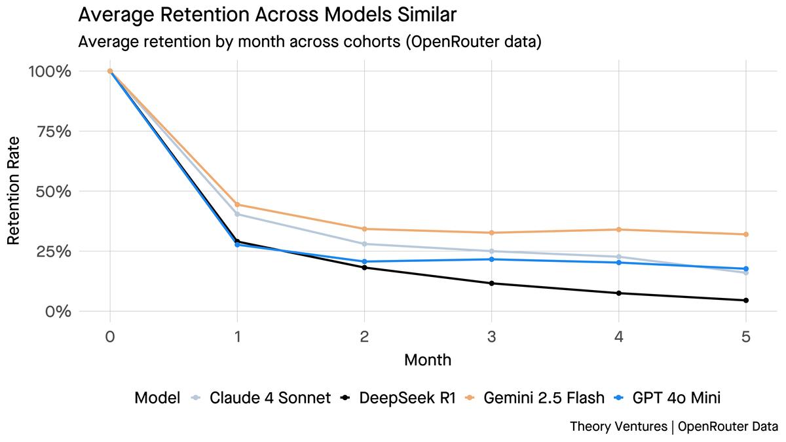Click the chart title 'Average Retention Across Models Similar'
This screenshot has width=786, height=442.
(267, 14)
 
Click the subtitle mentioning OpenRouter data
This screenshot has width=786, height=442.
(310, 42)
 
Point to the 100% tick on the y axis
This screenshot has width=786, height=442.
(50, 71)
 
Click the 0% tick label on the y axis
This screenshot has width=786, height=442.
(58, 311)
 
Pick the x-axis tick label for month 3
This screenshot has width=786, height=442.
(491, 337)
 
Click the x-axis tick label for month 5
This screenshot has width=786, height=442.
(745, 337)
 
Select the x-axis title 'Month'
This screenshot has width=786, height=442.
(427, 359)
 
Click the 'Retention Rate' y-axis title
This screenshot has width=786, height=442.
(14, 190)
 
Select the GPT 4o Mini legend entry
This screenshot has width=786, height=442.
(667, 397)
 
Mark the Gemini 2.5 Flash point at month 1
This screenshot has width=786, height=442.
(237, 204)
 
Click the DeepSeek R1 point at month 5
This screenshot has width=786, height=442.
(745, 301)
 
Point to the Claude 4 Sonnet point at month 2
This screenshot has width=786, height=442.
(364, 244)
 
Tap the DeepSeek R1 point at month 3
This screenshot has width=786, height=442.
(491, 283)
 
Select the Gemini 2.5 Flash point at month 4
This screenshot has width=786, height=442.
(618, 229)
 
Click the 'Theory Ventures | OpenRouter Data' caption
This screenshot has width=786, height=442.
(674, 426)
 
